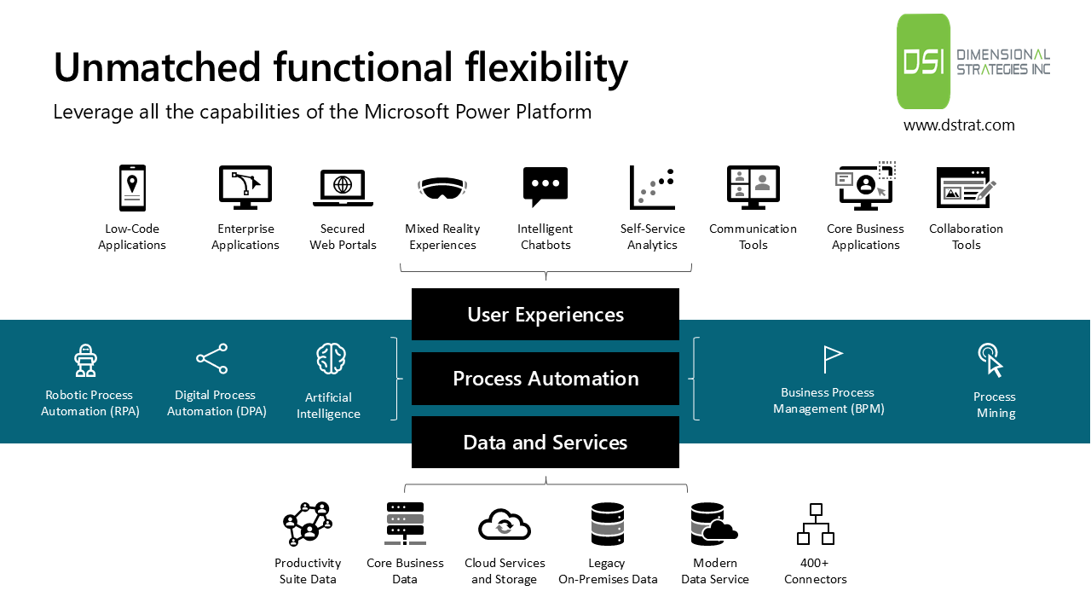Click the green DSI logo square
[923, 61]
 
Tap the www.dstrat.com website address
[959, 125]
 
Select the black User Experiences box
[545, 315]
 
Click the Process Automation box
[545, 379]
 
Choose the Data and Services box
[545, 443]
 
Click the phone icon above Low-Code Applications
[132, 188]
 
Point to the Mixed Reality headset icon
[442, 188]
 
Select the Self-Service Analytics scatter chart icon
[652, 188]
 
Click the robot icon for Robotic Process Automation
[85, 360]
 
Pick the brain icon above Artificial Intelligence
[331, 359]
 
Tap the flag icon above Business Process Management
[832, 359]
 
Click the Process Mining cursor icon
[990, 360]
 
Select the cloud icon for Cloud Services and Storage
[505, 524]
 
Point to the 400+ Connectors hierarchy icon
[816, 524]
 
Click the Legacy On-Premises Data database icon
[608, 524]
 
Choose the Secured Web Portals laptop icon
[343, 188]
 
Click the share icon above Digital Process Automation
[212, 359]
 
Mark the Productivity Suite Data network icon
[307, 524]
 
